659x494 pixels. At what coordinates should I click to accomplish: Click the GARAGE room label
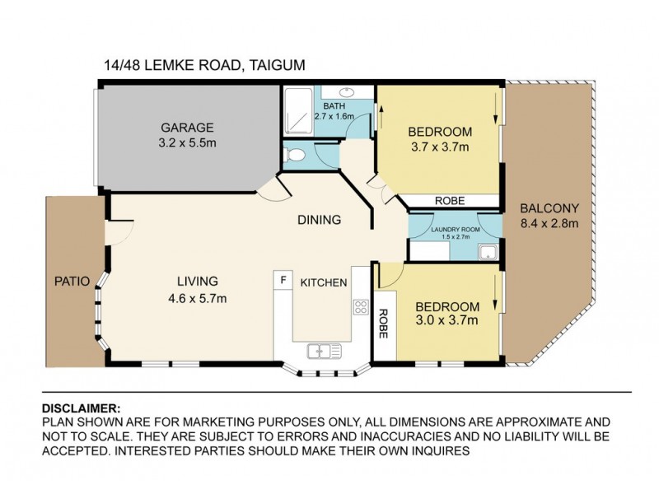tap(187, 128)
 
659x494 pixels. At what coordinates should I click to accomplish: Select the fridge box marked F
tap(283, 280)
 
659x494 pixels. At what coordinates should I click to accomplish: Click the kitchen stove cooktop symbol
tap(361, 307)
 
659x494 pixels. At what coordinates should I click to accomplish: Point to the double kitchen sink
tap(324, 351)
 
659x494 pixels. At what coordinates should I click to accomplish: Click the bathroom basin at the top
tap(347, 91)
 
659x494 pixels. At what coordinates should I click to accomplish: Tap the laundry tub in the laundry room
tap(488, 253)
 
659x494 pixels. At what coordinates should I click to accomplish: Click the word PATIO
tap(72, 281)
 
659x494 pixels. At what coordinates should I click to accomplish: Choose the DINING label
tap(319, 220)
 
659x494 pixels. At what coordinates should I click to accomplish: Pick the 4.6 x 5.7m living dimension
tap(197, 299)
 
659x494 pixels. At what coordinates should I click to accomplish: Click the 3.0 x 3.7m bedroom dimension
tap(446, 320)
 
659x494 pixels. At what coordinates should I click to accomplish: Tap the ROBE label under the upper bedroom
tap(450, 201)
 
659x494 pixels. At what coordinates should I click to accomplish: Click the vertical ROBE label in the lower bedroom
tap(383, 324)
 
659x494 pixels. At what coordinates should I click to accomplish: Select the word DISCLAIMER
tap(81, 408)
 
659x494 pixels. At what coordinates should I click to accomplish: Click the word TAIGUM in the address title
tap(277, 66)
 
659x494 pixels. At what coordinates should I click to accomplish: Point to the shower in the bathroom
tap(298, 111)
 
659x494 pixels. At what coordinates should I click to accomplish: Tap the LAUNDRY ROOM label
tap(456, 230)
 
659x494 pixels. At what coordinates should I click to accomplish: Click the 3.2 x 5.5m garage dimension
tap(187, 142)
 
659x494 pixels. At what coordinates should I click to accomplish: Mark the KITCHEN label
tap(324, 282)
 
